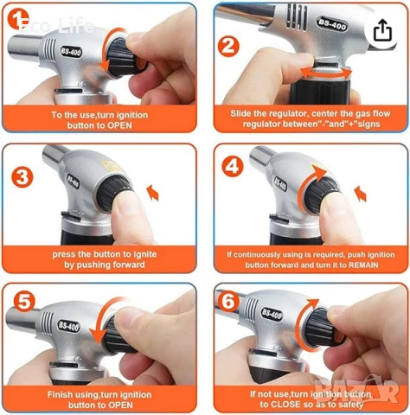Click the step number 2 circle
(x=228, y=47)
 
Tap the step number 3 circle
(x=22, y=177)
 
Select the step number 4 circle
(x=233, y=166)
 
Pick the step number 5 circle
(x=24, y=302)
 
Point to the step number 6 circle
(x=228, y=302)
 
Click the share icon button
(x=382, y=30)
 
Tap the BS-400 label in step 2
(x=331, y=24)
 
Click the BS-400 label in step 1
(x=71, y=52)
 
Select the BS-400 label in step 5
(x=68, y=326)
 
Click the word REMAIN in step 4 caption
(x=363, y=265)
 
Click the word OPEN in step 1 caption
(x=119, y=125)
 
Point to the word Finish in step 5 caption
(x=60, y=394)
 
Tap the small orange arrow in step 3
(x=153, y=193)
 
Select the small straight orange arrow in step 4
(x=361, y=194)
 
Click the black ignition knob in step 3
(x=114, y=190)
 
